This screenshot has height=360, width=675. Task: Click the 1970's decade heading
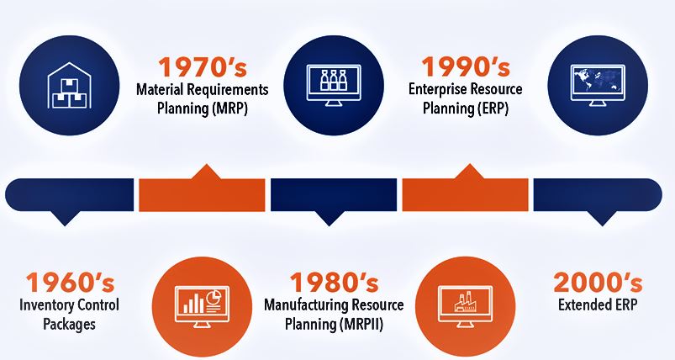click(x=203, y=67)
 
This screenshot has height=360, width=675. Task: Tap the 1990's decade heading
click(x=466, y=66)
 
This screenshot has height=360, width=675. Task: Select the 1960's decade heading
click(x=70, y=283)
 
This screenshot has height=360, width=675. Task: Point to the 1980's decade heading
click(x=334, y=283)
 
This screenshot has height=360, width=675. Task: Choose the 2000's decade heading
click(x=598, y=283)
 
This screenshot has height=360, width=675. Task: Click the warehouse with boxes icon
click(x=69, y=85)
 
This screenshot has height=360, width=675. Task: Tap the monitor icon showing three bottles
click(x=334, y=85)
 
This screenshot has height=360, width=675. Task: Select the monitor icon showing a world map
click(x=598, y=85)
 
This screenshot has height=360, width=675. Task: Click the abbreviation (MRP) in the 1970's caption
click(x=229, y=109)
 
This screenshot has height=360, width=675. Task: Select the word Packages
click(x=69, y=325)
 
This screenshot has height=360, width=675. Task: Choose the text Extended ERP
click(x=598, y=304)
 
